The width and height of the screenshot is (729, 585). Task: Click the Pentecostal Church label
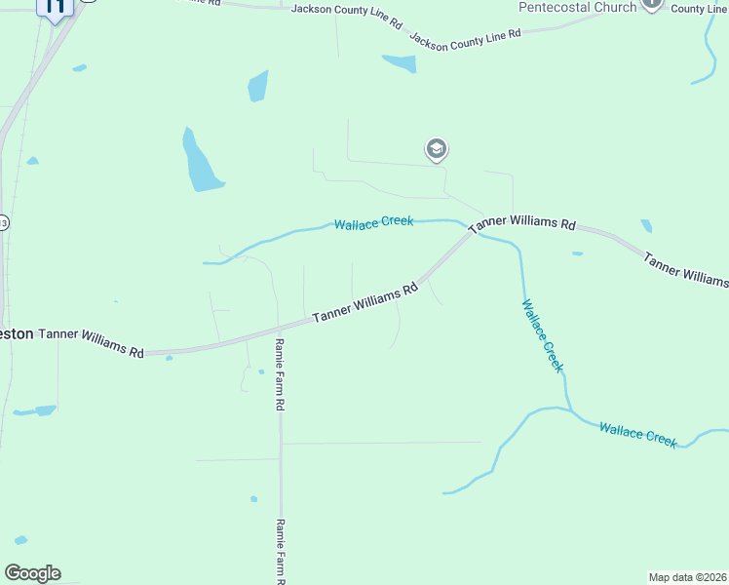[x=577, y=7]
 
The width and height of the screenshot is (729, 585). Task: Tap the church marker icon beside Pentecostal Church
[x=652, y=5]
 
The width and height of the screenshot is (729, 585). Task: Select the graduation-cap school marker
[x=436, y=150]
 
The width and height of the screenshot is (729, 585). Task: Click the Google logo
[x=32, y=573]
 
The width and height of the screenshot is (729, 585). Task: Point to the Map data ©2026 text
[x=688, y=577]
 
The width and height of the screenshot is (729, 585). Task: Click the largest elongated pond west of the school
[x=202, y=161]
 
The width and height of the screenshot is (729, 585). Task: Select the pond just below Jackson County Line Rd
[x=400, y=63]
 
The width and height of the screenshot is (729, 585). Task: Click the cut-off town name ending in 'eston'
[x=17, y=333]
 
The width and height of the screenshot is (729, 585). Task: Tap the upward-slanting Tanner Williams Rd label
[x=365, y=303]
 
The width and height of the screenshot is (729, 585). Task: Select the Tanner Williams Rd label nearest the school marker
[x=522, y=223]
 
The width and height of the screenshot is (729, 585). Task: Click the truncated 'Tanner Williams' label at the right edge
[x=685, y=270]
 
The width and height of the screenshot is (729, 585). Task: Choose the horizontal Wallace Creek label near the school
[x=373, y=223]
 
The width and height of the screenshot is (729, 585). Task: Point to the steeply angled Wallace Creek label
[x=542, y=335]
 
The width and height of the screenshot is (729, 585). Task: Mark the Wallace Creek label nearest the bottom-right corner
[x=637, y=435]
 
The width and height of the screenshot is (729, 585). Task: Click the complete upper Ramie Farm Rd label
[x=280, y=373]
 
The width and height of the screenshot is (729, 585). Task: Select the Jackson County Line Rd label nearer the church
[x=465, y=38]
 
